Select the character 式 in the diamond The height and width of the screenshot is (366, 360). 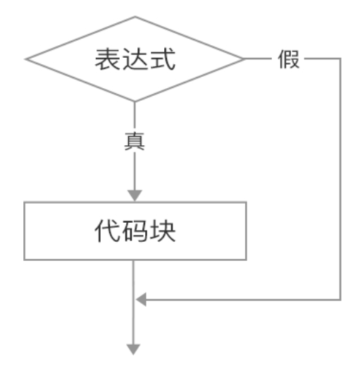tap(163, 59)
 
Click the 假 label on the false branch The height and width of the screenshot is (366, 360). tap(289, 59)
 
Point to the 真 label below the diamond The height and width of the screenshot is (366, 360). tap(135, 141)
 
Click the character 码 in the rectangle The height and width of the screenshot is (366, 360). tap(135, 231)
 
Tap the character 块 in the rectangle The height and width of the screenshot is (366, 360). tap(163, 231)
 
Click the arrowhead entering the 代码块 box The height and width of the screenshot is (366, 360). tap(135, 195)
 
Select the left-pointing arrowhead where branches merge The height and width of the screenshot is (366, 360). tap(141, 300)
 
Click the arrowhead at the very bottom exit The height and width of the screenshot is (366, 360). tap(133, 349)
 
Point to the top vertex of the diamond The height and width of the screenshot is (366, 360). tap(135, 17)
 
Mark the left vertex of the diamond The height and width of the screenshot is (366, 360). tap(26, 59)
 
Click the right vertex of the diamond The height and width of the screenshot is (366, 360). tap(244, 59)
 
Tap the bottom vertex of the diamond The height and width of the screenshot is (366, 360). tap(135, 102)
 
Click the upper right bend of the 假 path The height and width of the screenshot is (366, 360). tap(340, 59)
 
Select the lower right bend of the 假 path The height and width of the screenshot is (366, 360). tap(340, 300)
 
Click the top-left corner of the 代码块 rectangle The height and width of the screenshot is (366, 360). tap(24, 202)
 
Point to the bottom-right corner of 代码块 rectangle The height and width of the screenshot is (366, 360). tap(246, 260)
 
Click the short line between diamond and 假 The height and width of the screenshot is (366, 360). tap(258, 59)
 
